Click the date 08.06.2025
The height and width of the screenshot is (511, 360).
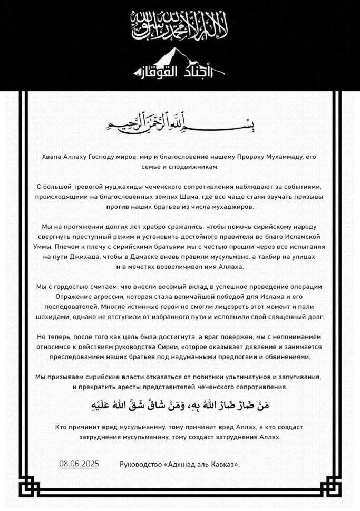79,464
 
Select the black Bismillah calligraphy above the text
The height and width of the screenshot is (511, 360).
180,124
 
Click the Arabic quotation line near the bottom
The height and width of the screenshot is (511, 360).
180,406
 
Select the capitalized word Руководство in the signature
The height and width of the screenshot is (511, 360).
142,465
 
